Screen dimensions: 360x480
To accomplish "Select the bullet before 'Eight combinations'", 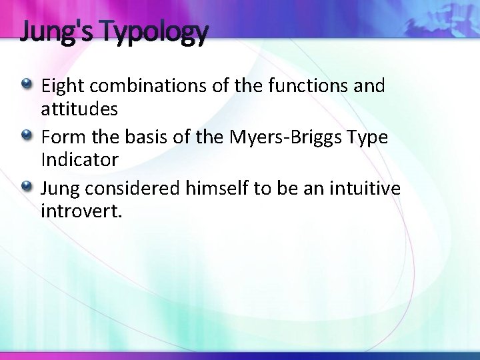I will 27,84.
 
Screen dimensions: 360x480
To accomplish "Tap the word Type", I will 368,137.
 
